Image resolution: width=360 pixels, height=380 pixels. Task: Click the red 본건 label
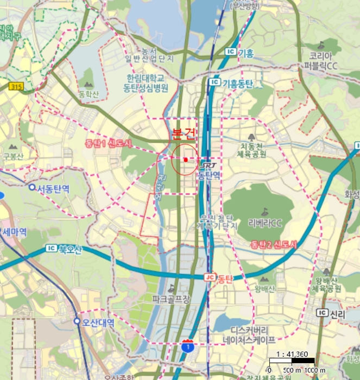183,134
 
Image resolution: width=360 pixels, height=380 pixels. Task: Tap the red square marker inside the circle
185,160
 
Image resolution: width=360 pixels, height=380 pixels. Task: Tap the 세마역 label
15,232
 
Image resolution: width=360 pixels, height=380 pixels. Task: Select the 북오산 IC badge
52,249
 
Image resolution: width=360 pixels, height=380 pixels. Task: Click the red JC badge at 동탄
210,277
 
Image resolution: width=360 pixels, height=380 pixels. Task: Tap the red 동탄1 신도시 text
109,143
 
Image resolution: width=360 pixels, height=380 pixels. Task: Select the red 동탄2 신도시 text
274,245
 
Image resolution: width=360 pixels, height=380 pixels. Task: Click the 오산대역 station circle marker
77,322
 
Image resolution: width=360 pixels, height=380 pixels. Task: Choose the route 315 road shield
16,86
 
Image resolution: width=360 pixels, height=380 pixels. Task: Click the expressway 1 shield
187,345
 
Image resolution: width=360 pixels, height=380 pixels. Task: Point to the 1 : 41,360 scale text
292,354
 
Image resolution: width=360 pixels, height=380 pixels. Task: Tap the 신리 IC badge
323,313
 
